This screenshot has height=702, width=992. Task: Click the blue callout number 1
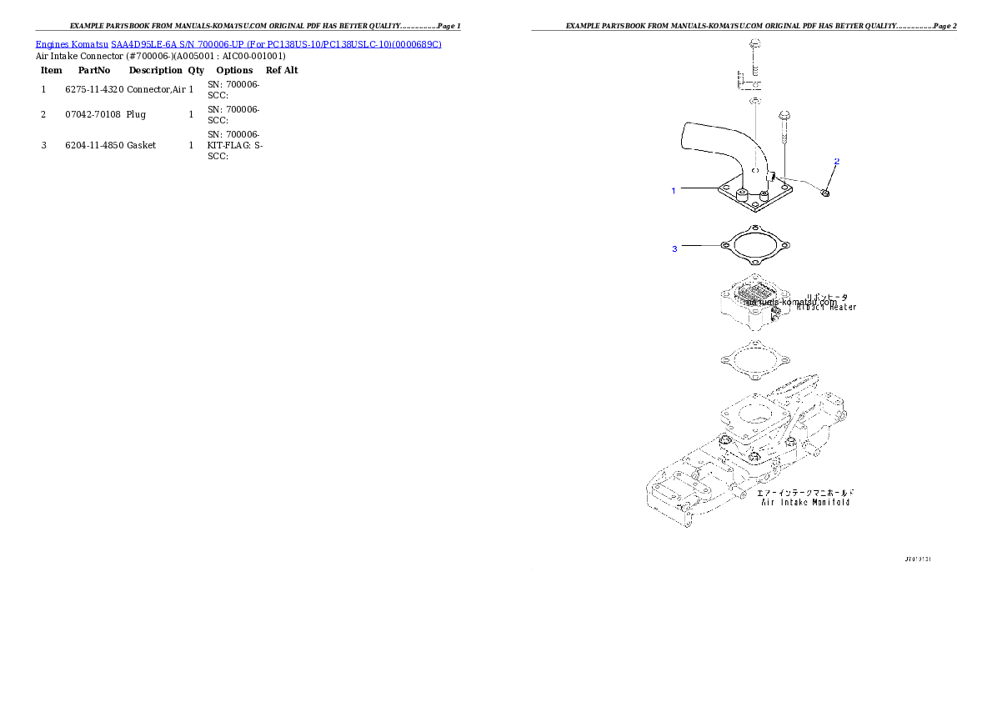674,191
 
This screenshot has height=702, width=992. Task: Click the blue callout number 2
837,161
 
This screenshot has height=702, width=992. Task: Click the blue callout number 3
674,248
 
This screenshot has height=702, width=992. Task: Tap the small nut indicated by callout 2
824,193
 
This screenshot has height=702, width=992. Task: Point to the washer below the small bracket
754,101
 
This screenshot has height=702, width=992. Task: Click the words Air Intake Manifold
806,502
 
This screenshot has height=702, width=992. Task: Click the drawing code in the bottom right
916,559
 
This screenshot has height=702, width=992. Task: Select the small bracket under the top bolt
747,80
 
